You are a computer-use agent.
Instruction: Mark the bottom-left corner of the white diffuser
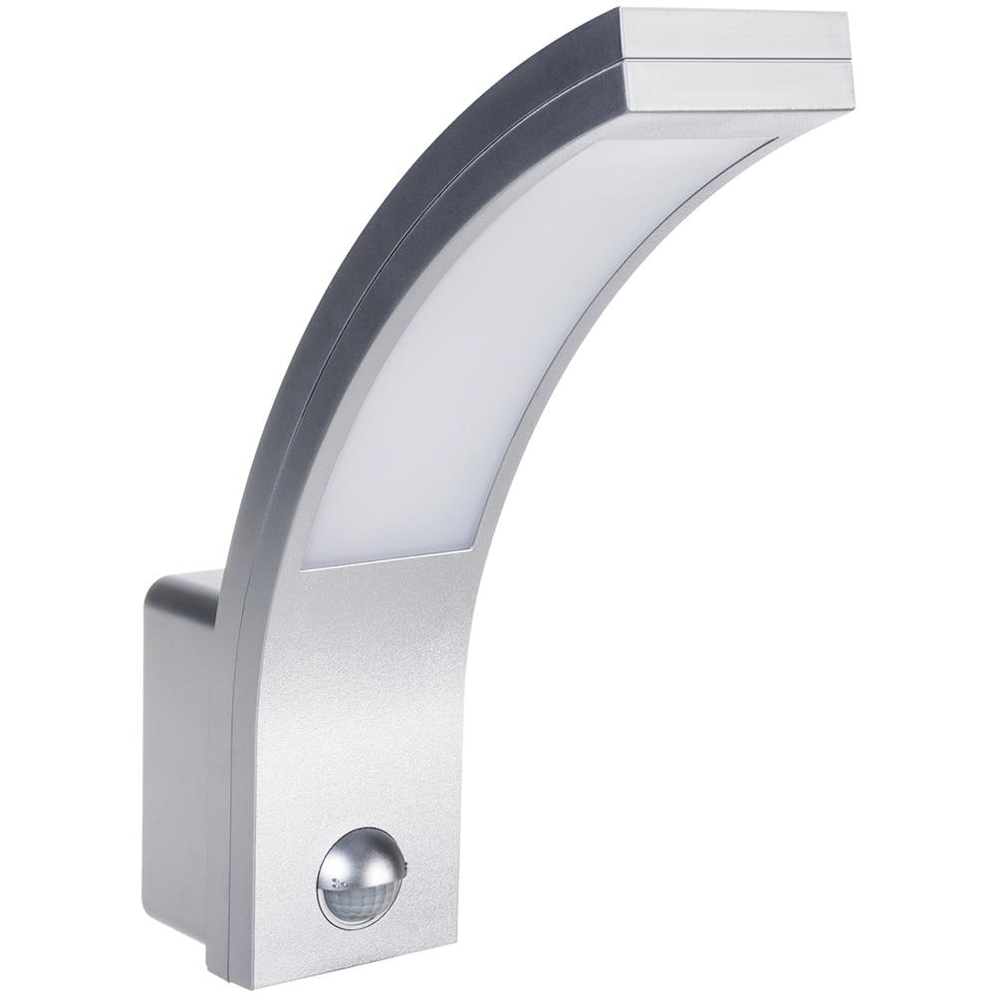(304, 567)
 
